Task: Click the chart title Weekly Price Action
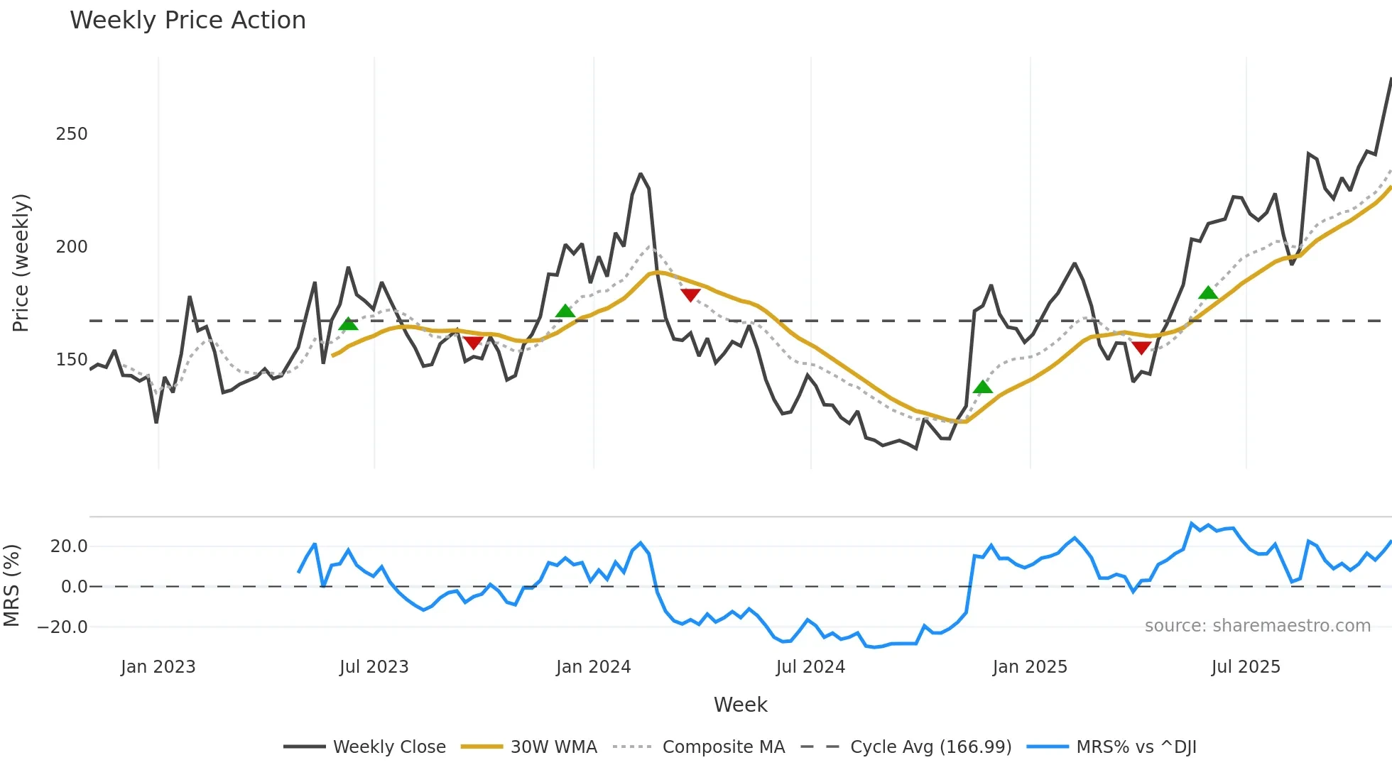[187, 21]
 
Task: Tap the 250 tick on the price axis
[72, 134]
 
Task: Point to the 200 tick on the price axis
[72, 247]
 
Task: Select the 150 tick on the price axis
[72, 360]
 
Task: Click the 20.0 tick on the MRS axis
[69, 546]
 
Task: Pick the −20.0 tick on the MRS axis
[62, 627]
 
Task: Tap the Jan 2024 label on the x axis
[593, 667]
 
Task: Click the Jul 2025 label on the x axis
[1246, 667]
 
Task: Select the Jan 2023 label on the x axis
[158, 667]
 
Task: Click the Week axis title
[740, 705]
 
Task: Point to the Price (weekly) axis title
[21, 263]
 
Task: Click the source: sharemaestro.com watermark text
[1257, 626]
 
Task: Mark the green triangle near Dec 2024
[982, 387]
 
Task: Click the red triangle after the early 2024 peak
[690, 294]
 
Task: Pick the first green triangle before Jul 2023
[348, 324]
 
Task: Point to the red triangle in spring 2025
[1141, 348]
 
